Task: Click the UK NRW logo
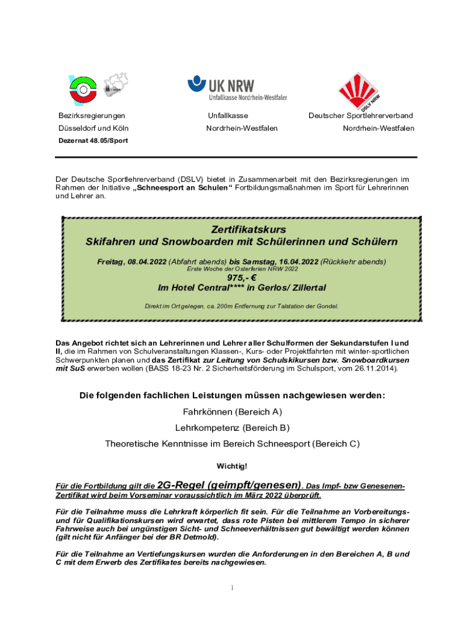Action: point(237,88)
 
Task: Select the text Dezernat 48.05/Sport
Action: point(93,140)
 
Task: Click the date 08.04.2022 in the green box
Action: point(147,262)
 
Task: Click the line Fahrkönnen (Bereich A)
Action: point(232,412)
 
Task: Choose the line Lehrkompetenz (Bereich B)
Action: point(232,428)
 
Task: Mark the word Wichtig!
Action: point(232,466)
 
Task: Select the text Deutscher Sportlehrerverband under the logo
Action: point(360,115)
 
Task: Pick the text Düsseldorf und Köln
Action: point(93,128)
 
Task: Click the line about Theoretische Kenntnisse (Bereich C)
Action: point(232,444)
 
